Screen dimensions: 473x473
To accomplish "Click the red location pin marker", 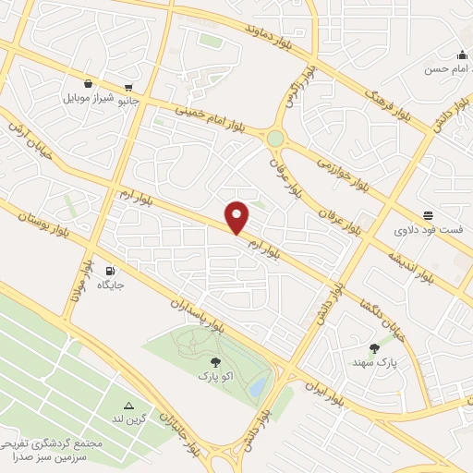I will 237,217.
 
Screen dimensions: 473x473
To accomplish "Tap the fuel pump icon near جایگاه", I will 111,271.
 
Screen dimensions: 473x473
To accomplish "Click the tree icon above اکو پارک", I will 215,363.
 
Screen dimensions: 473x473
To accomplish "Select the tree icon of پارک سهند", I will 374,348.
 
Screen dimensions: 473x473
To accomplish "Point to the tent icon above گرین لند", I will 129,406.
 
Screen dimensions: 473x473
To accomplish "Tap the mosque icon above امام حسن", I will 461,54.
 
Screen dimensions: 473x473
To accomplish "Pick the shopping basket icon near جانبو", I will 88,82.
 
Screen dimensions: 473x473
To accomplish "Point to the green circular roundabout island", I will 275,138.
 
